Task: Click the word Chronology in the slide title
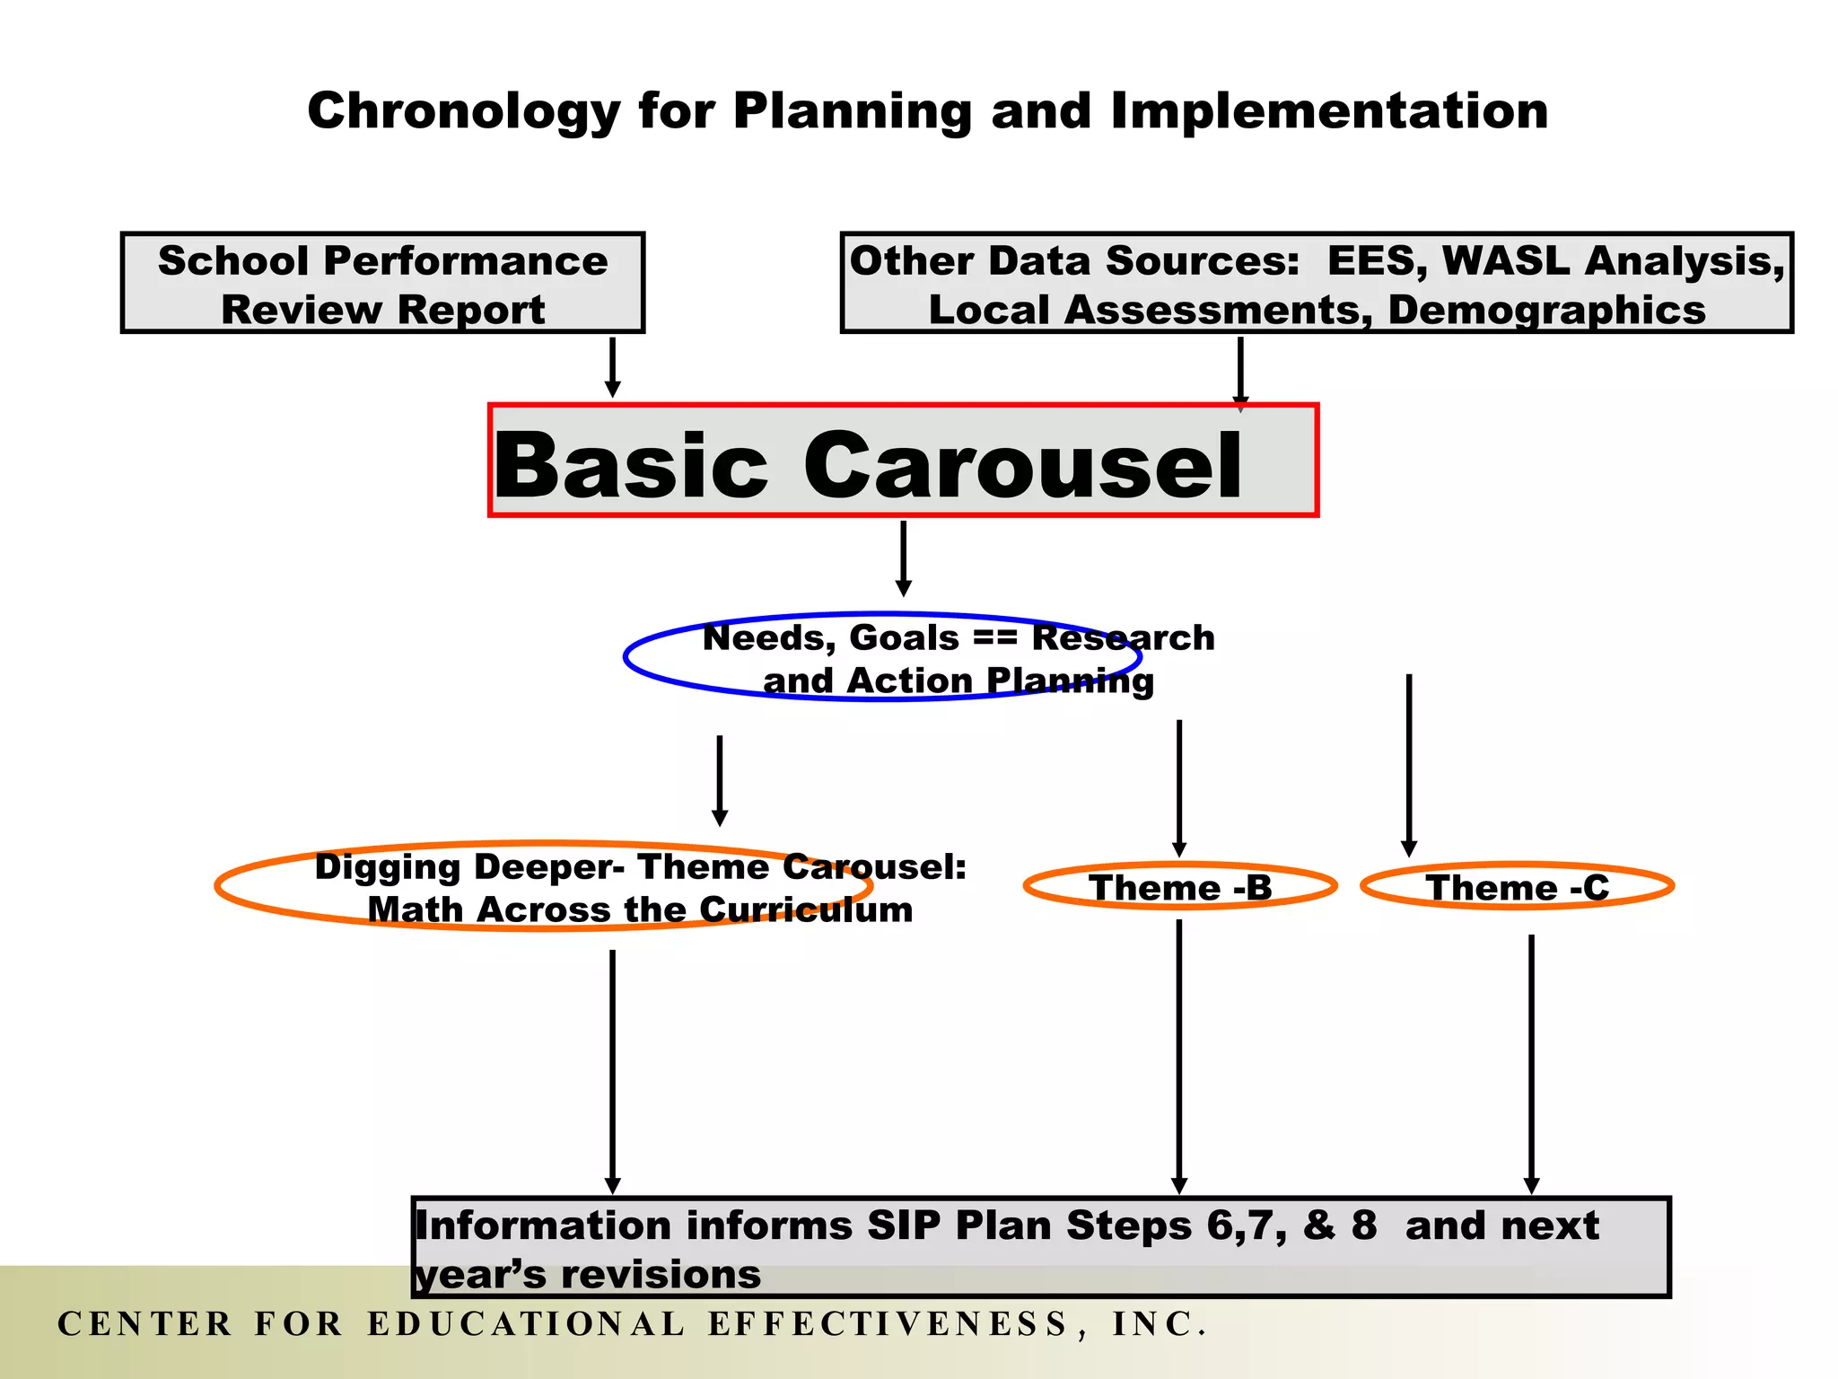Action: (x=463, y=111)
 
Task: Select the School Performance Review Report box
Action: (x=382, y=284)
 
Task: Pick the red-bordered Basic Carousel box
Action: (x=903, y=461)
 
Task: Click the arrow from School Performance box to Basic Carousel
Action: (x=612, y=366)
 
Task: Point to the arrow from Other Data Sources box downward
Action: (x=1240, y=372)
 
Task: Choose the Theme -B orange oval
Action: (x=1180, y=887)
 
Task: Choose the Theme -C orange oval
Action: (x=1517, y=887)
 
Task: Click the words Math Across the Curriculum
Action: (x=640, y=910)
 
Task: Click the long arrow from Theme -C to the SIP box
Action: (x=1531, y=1063)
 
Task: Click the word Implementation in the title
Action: (x=1328, y=111)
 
